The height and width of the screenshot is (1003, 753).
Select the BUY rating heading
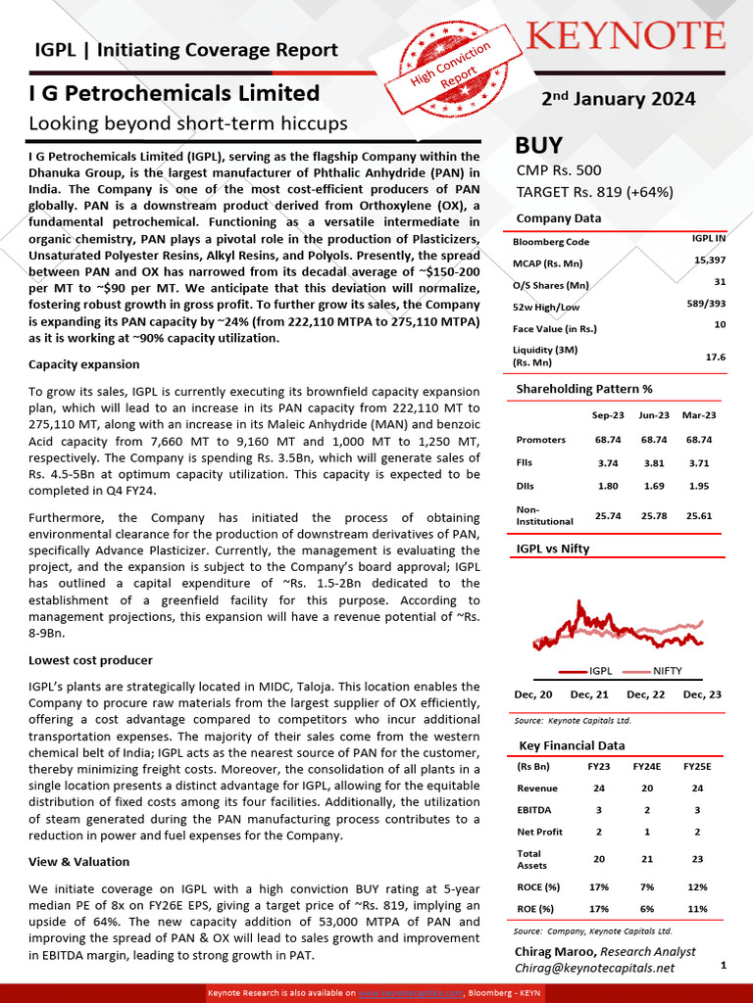(539, 146)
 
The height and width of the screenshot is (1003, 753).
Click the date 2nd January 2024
(619, 99)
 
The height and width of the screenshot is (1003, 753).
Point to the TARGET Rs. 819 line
(594, 192)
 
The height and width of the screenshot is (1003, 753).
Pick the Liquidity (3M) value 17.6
(715, 358)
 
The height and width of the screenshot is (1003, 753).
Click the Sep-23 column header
(608, 415)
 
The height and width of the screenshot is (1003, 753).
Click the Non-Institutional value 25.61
(699, 515)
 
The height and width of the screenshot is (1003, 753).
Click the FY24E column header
(647, 767)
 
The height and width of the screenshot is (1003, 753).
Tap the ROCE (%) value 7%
(647, 887)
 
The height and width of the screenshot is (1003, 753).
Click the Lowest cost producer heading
(90, 660)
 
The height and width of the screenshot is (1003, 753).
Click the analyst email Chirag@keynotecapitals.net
(594, 968)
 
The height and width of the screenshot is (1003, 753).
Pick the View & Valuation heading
(78, 862)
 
